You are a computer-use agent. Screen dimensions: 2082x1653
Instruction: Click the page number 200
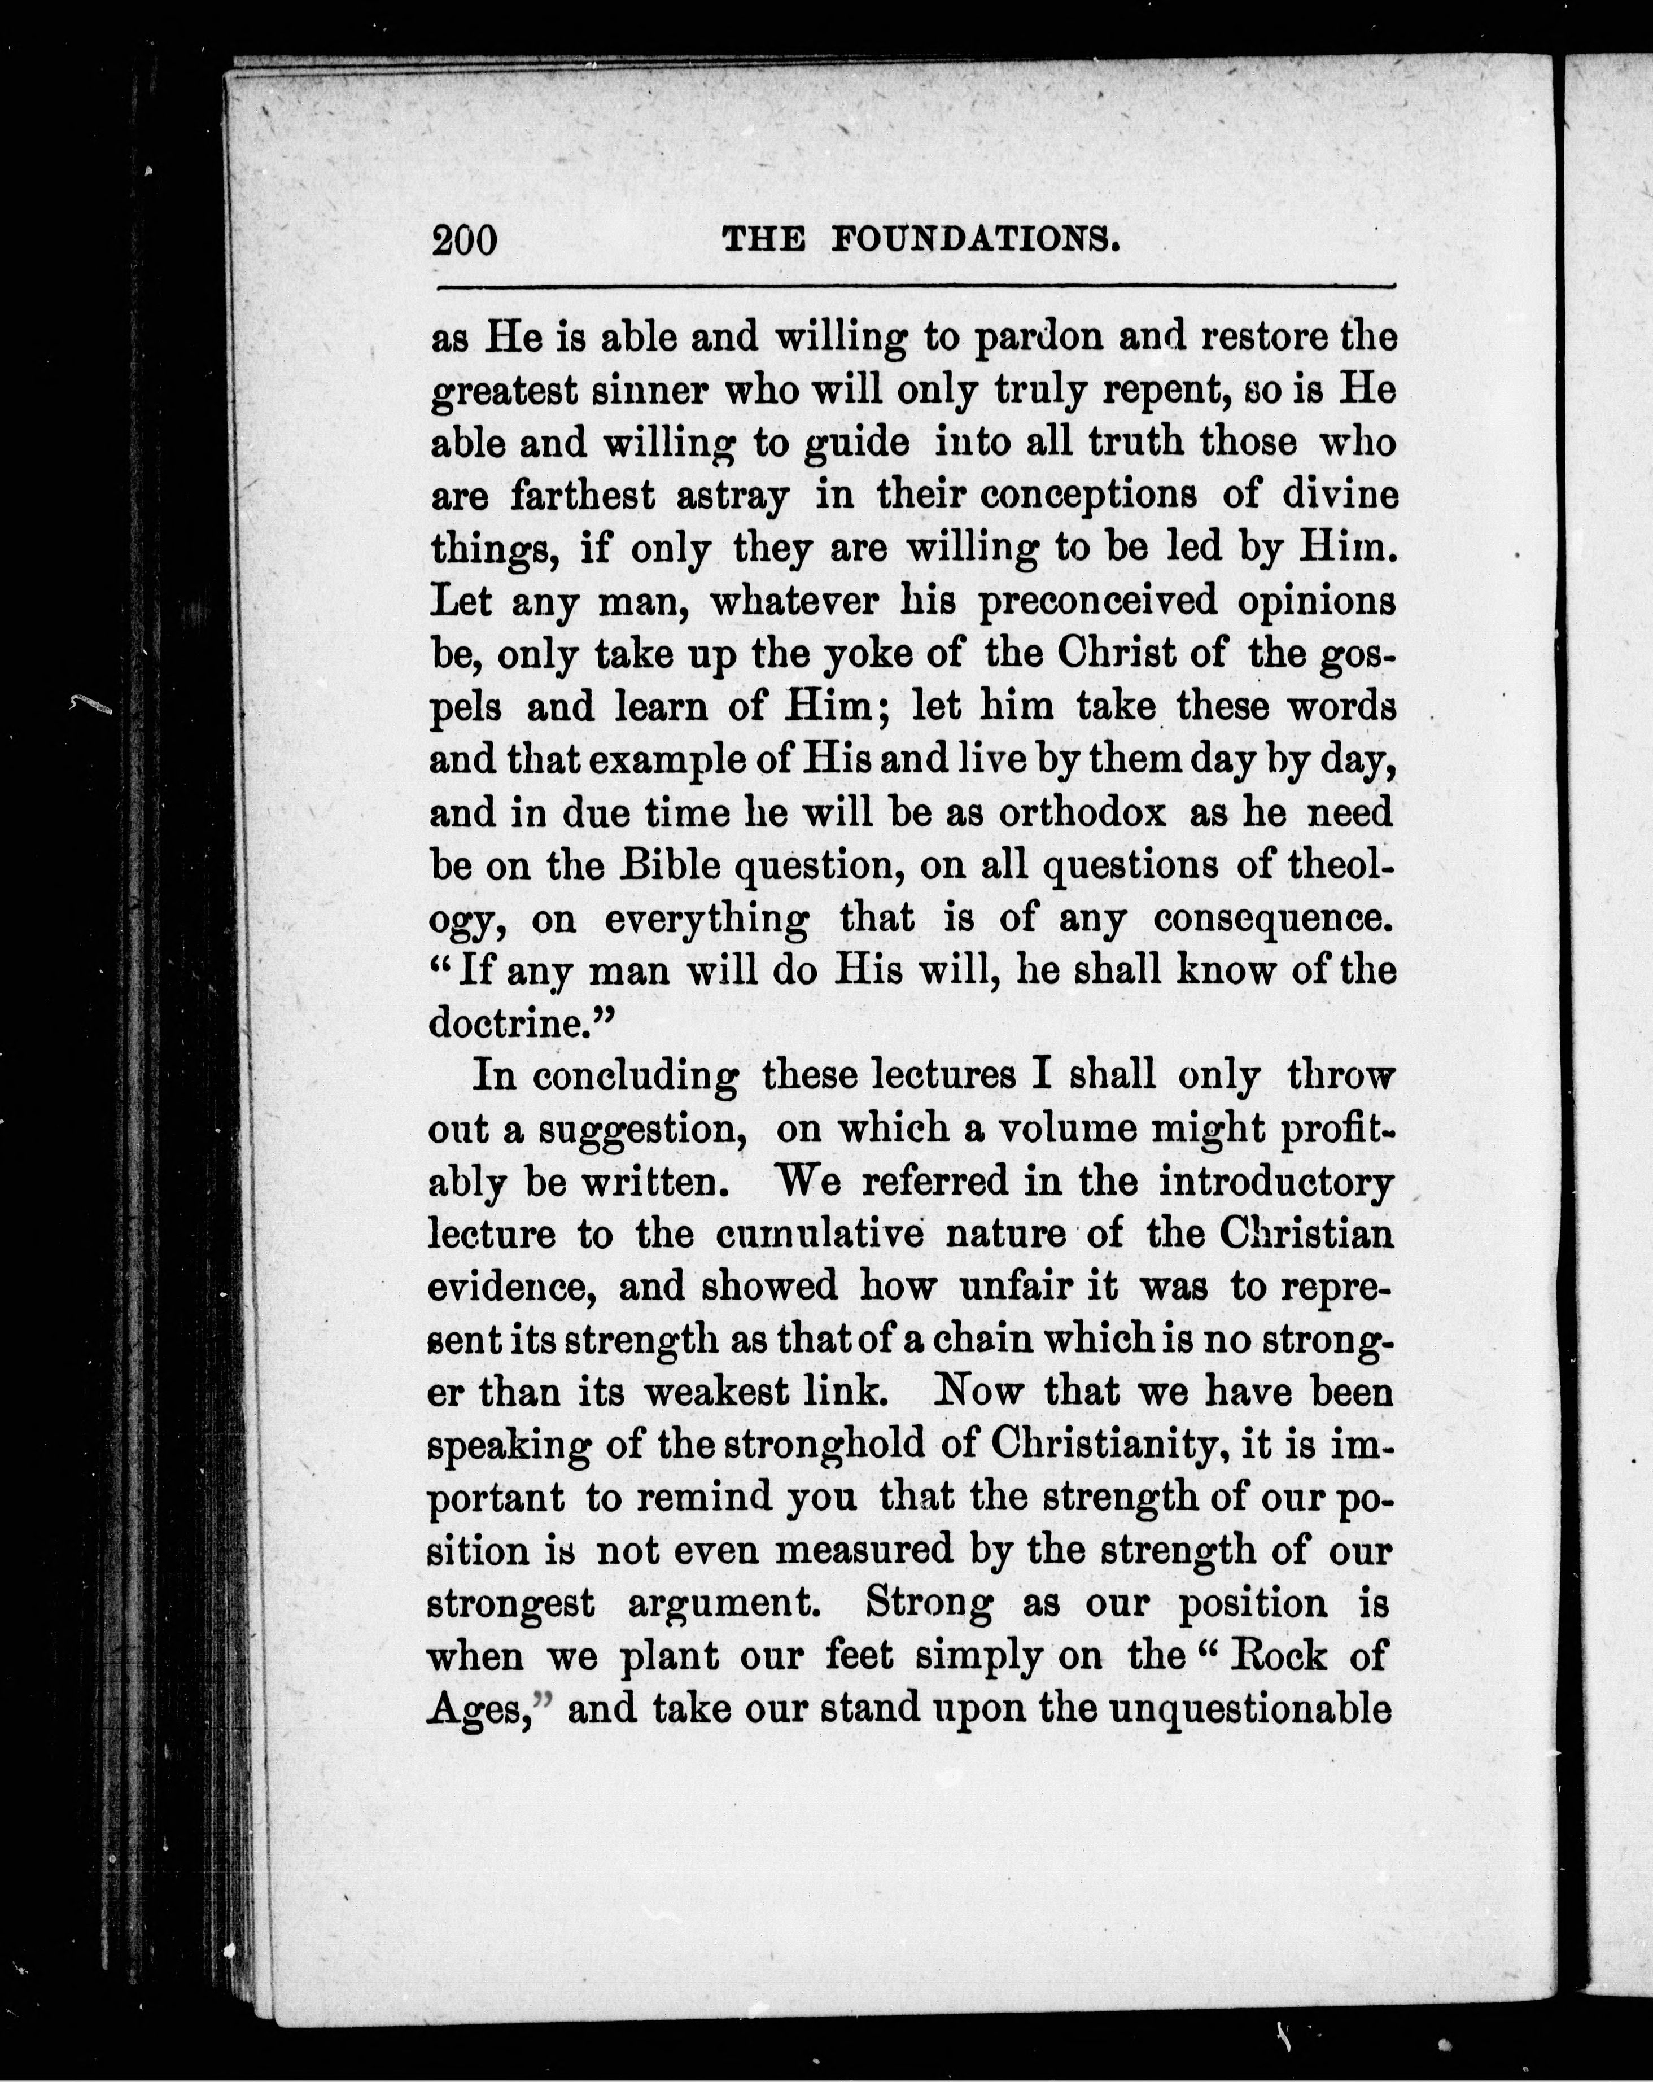coord(465,239)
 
